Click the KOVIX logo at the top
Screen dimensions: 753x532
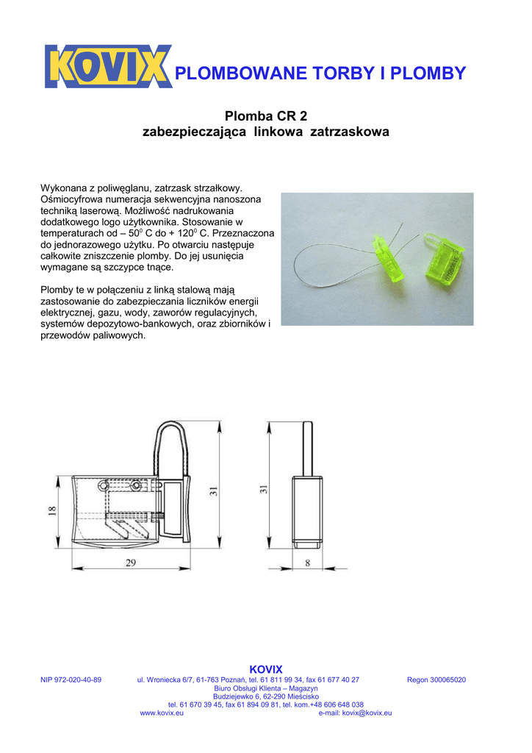107,66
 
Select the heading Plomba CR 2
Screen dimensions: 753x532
265,116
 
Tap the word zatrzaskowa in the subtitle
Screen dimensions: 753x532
350,132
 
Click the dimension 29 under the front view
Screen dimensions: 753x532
130,563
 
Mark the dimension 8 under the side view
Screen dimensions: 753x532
308,563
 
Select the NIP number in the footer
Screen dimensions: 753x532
71,680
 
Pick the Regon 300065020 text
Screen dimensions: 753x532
436,680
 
